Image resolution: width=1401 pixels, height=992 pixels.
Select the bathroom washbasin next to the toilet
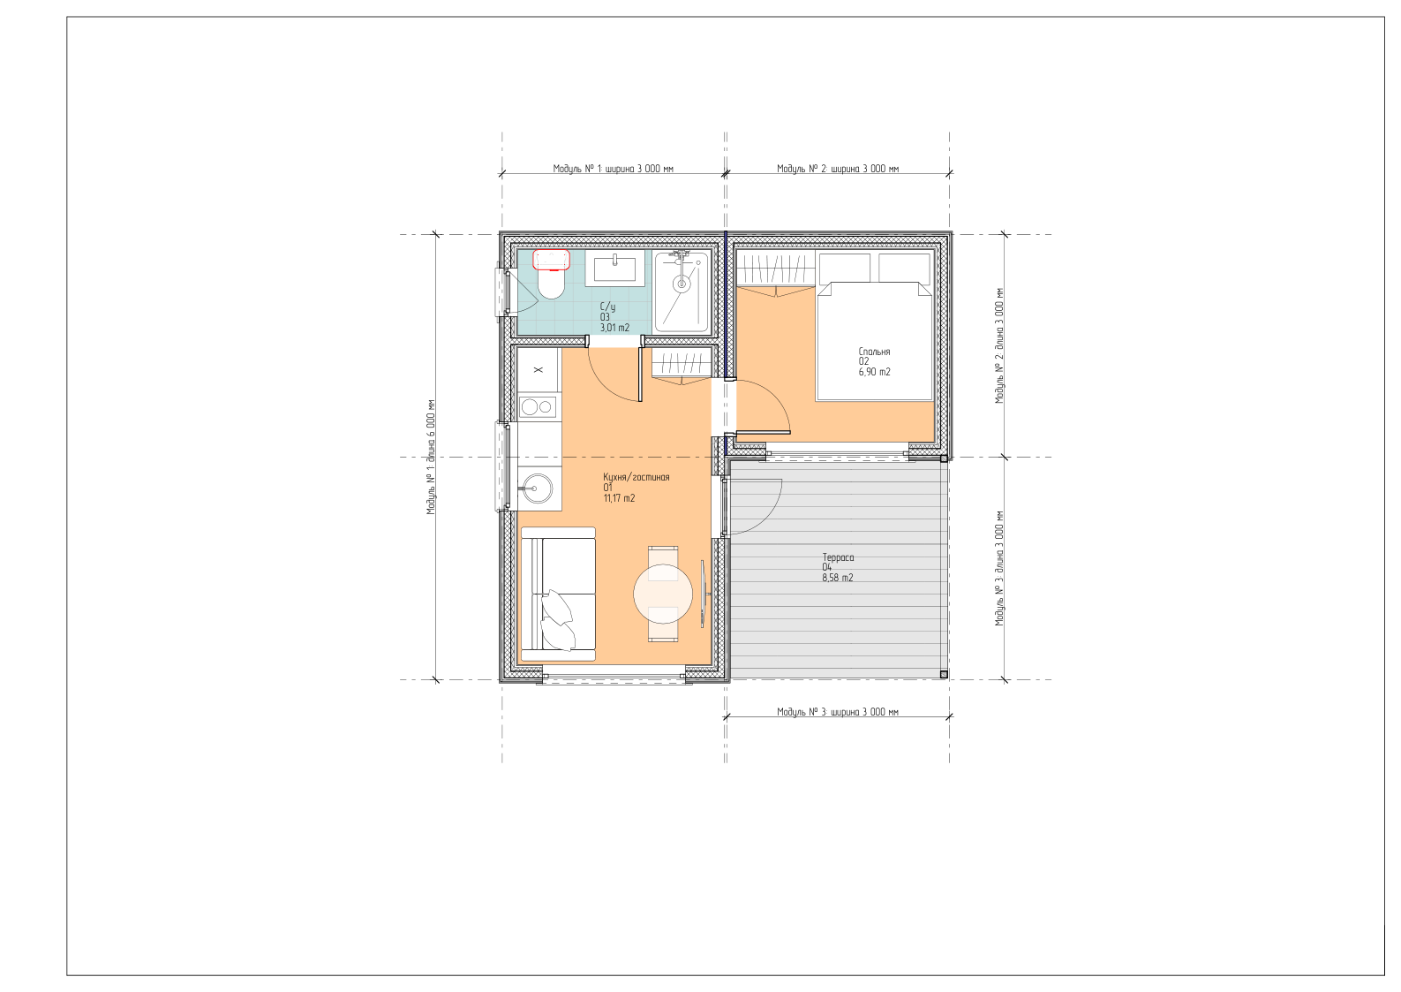pyautogui.click(x=614, y=269)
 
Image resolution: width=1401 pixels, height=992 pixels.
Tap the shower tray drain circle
pyautogui.click(x=682, y=284)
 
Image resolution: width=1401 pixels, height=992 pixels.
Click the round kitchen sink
pyautogui.click(x=538, y=488)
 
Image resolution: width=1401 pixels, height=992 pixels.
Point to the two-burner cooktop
pyautogui.click(x=538, y=407)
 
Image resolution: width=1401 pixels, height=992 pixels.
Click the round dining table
pyautogui.click(x=663, y=594)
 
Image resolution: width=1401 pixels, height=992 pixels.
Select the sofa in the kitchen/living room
pyautogui.click(x=558, y=594)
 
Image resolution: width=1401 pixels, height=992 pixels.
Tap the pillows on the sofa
pyautogui.click(x=557, y=618)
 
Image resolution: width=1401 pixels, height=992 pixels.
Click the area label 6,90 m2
pyautogui.click(x=874, y=372)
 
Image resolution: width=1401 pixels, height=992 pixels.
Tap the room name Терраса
pyautogui.click(x=838, y=557)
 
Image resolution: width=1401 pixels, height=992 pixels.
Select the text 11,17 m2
pyautogui.click(x=619, y=498)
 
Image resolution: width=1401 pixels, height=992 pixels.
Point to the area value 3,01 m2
pyautogui.click(x=614, y=328)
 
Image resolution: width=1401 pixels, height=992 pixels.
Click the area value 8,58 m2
pyautogui.click(x=838, y=578)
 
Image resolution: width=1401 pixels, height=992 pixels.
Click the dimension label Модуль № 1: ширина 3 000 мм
pyautogui.click(x=613, y=169)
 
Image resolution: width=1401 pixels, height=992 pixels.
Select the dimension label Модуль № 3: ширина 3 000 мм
pyautogui.click(x=838, y=712)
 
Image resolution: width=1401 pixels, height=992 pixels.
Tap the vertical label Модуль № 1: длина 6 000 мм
pyautogui.click(x=430, y=457)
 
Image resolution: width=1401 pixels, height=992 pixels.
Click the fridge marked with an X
pyautogui.click(x=538, y=370)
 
